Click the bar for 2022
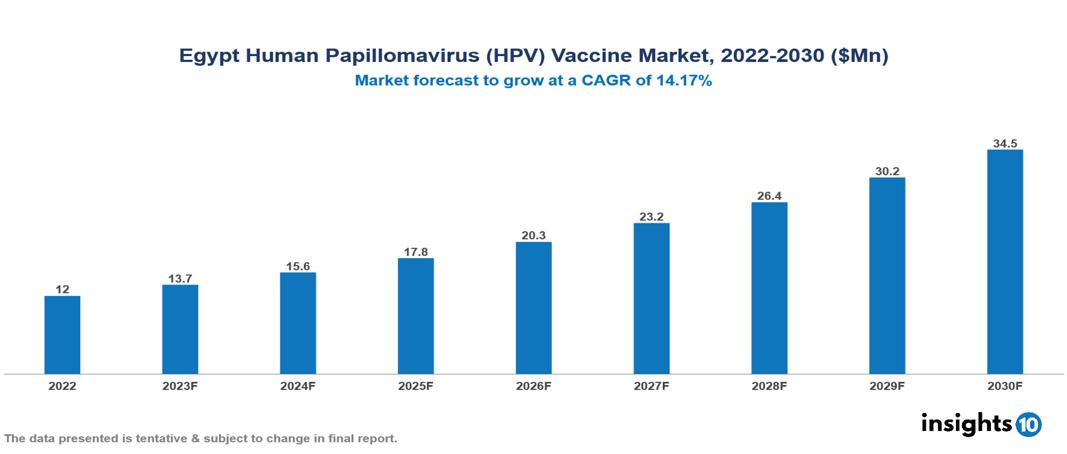[x=62, y=335]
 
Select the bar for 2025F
[x=416, y=316]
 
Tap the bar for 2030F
[x=1005, y=262]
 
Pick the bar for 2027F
[x=652, y=298]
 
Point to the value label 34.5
[x=1005, y=144]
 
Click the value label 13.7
[x=180, y=278]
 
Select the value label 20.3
[x=534, y=236]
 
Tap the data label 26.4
[x=769, y=196]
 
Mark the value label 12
[x=62, y=289]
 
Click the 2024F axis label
[x=298, y=385]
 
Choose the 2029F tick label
[x=887, y=385]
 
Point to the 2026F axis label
[x=534, y=385]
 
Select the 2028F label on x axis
[x=769, y=385]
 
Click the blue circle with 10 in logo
[x=1028, y=424]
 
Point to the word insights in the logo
[x=966, y=423]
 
